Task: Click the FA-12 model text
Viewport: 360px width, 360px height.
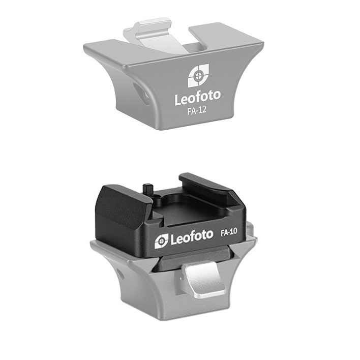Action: (x=197, y=109)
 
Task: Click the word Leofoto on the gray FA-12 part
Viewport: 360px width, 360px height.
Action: (x=197, y=97)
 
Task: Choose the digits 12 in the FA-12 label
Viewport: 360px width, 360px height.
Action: (x=203, y=109)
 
